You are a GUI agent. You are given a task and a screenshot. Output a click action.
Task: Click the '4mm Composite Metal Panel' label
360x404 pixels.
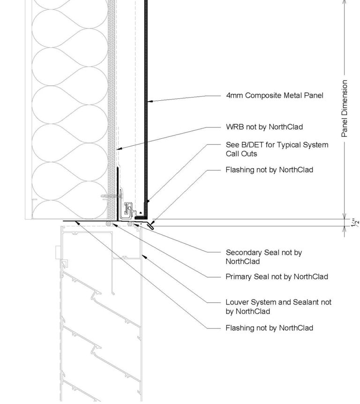274,96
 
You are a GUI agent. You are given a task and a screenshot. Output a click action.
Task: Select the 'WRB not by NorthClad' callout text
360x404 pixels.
264,127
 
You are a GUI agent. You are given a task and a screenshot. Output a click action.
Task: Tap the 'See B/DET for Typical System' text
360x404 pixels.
277,145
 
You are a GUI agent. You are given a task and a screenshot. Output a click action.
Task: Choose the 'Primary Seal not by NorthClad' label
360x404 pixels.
277,277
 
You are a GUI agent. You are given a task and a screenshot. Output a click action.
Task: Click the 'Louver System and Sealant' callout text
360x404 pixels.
278,302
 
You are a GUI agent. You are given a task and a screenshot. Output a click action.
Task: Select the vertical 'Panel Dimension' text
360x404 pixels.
345,108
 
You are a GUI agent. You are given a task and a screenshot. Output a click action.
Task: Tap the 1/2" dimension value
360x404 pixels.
355,222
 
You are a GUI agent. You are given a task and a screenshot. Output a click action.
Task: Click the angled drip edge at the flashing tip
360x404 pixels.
150,226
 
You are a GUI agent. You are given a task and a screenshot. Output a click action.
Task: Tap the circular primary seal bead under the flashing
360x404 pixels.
109,224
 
